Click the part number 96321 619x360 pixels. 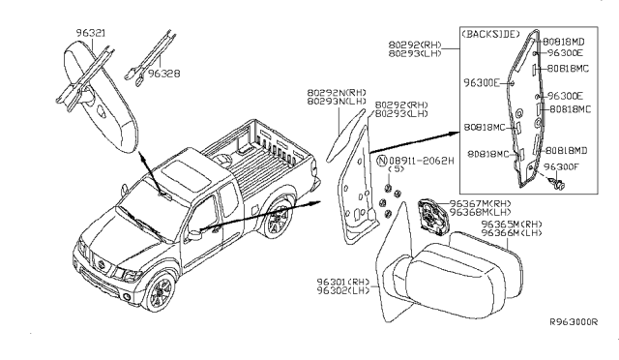[x=91, y=33]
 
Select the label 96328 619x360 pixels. [x=163, y=74]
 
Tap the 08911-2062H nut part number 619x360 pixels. [x=422, y=161]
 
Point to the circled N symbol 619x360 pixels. [x=382, y=161]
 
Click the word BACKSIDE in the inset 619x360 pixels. [x=490, y=34]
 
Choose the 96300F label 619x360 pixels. [x=561, y=166]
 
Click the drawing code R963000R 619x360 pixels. [x=574, y=322]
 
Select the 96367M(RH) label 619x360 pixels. [x=480, y=203]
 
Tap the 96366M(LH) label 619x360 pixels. [x=512, y=233]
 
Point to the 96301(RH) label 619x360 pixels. [x=343, y=282]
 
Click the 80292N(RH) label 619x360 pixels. [x=337, y=93]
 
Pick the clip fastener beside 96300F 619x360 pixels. [x=558, y=183]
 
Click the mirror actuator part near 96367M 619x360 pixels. [x=432, y=216]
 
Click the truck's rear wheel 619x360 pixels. [x=278, y=219]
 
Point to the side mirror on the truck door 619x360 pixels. [x=194, y=234]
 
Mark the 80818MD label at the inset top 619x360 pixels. [x=564, y=42]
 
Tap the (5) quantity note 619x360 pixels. [x=396, y=169]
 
